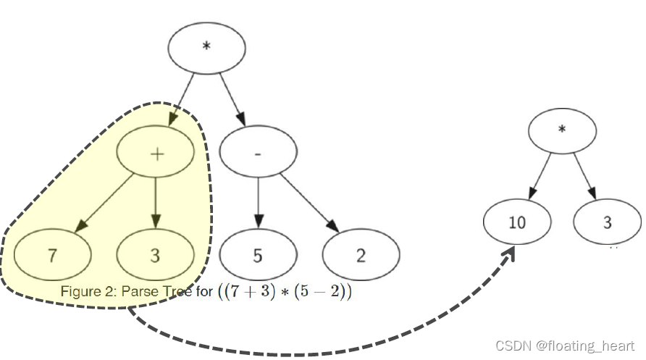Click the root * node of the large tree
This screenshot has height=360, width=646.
pyautogui.click(x=206, y=48)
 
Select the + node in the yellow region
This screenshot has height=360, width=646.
pyautogui.click(x=156, y=154)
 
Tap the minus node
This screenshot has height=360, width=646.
pyautogui.click(x=259, y=154)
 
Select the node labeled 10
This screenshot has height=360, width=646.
pyautogui.click(x=516, y=222)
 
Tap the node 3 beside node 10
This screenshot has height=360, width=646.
pyautogui.click(x=607, y=222)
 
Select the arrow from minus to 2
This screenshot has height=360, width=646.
pyautogui.click(x=310, y=202)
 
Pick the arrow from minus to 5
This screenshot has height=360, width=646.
pyautogui.click(x=259, y=203)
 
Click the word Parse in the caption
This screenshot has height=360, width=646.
pyautogui.click(x=137, y=292)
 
